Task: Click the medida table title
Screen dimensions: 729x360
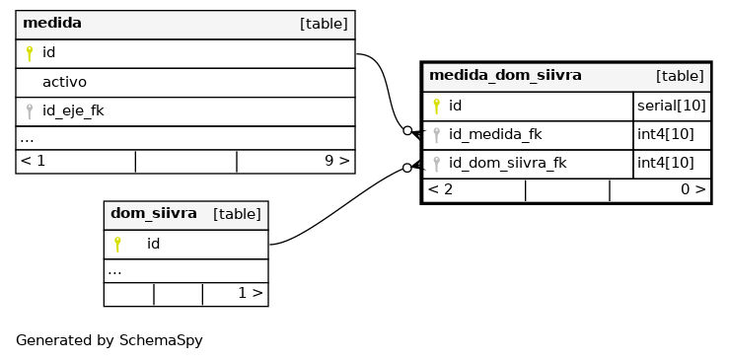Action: [52, 23]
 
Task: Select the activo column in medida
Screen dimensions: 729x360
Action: [64, 82]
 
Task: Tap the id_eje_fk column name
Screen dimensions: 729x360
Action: [73, 111]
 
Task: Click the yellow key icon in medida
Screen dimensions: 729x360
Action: [30, 53]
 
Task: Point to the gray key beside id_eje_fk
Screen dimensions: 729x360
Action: [30, 111]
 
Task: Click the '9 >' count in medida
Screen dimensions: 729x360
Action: [336, 161]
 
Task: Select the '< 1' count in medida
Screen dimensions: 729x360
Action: [33, 161]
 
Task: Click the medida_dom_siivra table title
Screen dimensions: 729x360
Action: [505, 75]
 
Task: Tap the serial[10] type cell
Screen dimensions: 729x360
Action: [672, 107]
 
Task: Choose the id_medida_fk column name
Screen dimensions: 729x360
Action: [495, 134]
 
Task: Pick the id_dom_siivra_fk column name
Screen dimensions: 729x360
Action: [507, 164]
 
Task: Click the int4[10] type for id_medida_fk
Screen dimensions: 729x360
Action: [665, 134]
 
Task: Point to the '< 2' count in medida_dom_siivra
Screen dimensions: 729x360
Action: [440, 189]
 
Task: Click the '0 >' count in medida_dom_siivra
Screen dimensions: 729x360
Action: [693, 189]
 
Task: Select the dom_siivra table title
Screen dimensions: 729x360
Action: [154, 213]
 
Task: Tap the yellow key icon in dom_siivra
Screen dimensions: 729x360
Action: [117, 245]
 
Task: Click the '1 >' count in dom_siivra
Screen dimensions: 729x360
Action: [251, 293]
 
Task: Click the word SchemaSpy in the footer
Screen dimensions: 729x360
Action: [161, 340]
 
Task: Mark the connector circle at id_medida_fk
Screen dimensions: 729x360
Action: [407, 131]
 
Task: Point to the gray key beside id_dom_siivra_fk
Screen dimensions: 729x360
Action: [436, 164]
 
